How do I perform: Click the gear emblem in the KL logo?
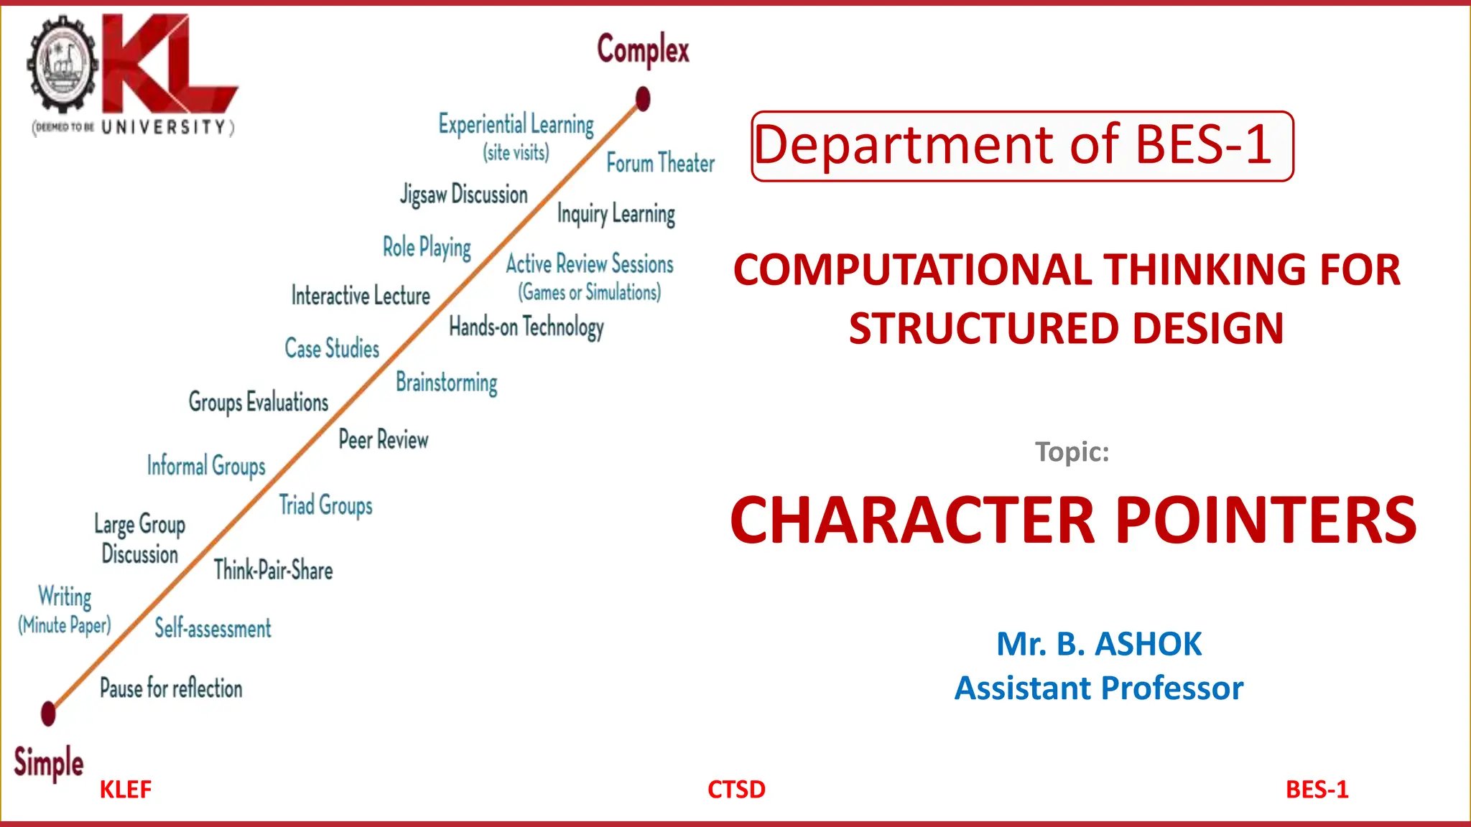point(62,65)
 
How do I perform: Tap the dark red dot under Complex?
point(643,99)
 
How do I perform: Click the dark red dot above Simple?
point(48,714)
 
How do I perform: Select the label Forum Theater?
point(660,163)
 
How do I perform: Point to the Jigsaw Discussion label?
point(464,195)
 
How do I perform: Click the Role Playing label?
point(427,248)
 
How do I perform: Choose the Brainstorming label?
point(446,383)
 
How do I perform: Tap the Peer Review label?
point(384,439)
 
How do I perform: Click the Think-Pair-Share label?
point(273,571)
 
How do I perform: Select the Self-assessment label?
point(213,629)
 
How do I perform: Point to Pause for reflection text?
point(171,688)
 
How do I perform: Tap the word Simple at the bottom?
point(48,762)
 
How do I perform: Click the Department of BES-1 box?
point(1022,146)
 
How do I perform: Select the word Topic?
point(1072,452)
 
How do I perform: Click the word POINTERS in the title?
point(1266,520)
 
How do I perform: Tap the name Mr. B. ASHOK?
point(1098,644)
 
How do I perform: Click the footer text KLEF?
point(125,790)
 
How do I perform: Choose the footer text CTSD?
point(736,790)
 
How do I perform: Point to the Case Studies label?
point(332,349)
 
